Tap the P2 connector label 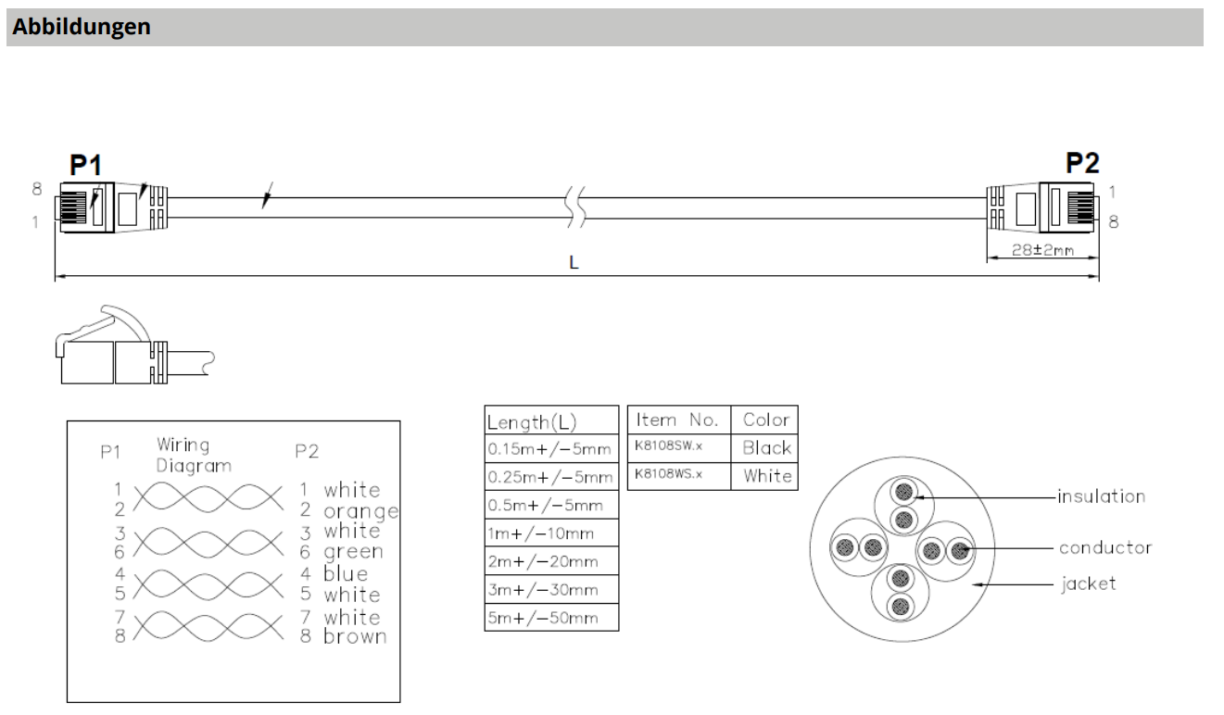[1083, 163]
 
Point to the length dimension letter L [574, 263]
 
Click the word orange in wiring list [360, 511]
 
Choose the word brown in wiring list [355, 637]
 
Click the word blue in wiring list [345, 573]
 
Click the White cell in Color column [764, 476]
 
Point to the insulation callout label [1102, 496]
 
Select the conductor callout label [1105, 547]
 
